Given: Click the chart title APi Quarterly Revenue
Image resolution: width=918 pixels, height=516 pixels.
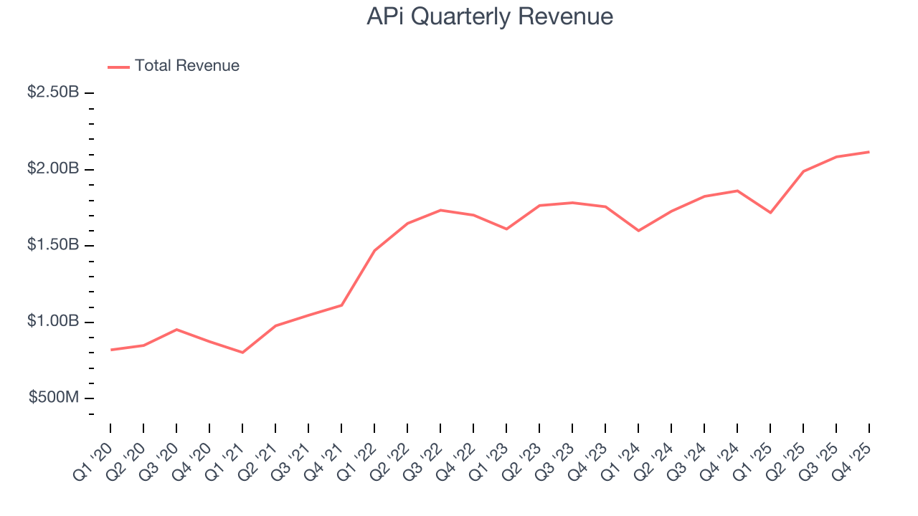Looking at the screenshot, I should [490, 16].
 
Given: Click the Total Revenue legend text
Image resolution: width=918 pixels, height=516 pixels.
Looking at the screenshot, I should [186, 66].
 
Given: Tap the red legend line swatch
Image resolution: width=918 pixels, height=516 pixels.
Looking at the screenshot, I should [118, 67].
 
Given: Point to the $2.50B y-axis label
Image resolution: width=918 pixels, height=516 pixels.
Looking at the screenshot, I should [53, 93].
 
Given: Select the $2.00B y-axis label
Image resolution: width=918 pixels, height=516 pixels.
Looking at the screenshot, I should [53, 169].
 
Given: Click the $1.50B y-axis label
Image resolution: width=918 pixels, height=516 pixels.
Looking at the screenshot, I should [53, 246].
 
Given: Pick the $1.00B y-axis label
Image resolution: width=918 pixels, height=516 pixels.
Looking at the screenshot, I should [53, 322].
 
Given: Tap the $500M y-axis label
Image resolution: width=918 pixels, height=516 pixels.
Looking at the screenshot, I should [54, 398].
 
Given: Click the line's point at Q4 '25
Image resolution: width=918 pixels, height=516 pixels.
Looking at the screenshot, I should [869, 152].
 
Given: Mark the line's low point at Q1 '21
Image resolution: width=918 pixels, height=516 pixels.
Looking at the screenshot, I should [242, 353].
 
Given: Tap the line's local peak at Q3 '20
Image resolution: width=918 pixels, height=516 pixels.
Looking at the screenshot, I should [176, 330].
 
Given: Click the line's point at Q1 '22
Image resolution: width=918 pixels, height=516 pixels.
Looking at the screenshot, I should [374, 250].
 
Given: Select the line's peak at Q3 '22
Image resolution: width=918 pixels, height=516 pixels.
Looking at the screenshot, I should [440, 210].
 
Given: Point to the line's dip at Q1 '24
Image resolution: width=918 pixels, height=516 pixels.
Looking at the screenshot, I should [638, 231].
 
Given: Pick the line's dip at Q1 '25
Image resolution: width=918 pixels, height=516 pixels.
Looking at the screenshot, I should [770, 213].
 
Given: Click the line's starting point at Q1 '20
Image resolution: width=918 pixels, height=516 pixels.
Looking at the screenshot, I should [111, 350].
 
